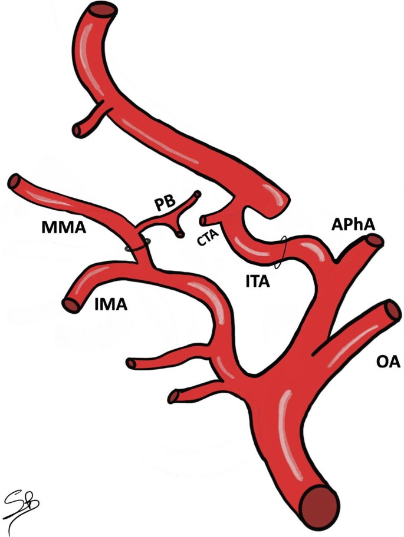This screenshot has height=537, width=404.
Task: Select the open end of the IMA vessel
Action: pyautogui.click(x=71, y=304)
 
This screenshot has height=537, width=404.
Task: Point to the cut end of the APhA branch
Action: pyautogui.click(x=374, y=241)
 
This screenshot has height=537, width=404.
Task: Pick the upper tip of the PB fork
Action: pyautogui.click(x=197, y=194)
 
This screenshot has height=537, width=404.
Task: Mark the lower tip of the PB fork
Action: pyautogui.click(x=180, y=234)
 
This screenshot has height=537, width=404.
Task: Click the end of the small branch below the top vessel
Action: pyautogui.click(x=78, y=128)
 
